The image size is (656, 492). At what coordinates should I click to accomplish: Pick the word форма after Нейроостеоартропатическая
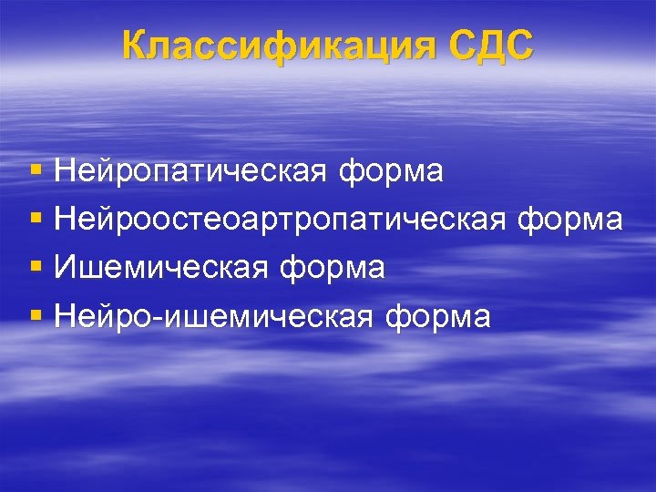[570, 220]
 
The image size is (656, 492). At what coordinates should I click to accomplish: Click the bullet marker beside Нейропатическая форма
[36, 170]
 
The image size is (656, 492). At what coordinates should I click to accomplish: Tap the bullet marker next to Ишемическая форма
[36, 268]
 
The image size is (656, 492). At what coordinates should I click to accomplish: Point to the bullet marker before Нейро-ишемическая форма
[36, 316]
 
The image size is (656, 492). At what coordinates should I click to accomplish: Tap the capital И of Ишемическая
[65, 268]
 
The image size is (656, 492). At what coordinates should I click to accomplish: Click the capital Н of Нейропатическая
[65, 170]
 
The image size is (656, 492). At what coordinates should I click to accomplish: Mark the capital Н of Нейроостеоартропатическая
[65, 220]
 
